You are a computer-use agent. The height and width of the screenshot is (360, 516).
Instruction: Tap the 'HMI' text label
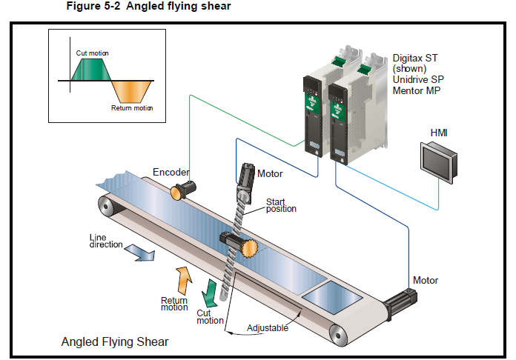point(439,133)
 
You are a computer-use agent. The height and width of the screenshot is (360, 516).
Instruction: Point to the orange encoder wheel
point(177,192)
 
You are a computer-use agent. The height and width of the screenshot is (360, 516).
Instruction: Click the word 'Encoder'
point(171,173)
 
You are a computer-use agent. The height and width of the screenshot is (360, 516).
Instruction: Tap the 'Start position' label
point(281,205)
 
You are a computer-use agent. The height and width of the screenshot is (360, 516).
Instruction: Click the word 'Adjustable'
point(268,327)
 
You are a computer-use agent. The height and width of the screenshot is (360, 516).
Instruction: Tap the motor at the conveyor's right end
point(400,303)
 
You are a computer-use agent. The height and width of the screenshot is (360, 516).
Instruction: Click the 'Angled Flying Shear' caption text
point(114,341)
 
